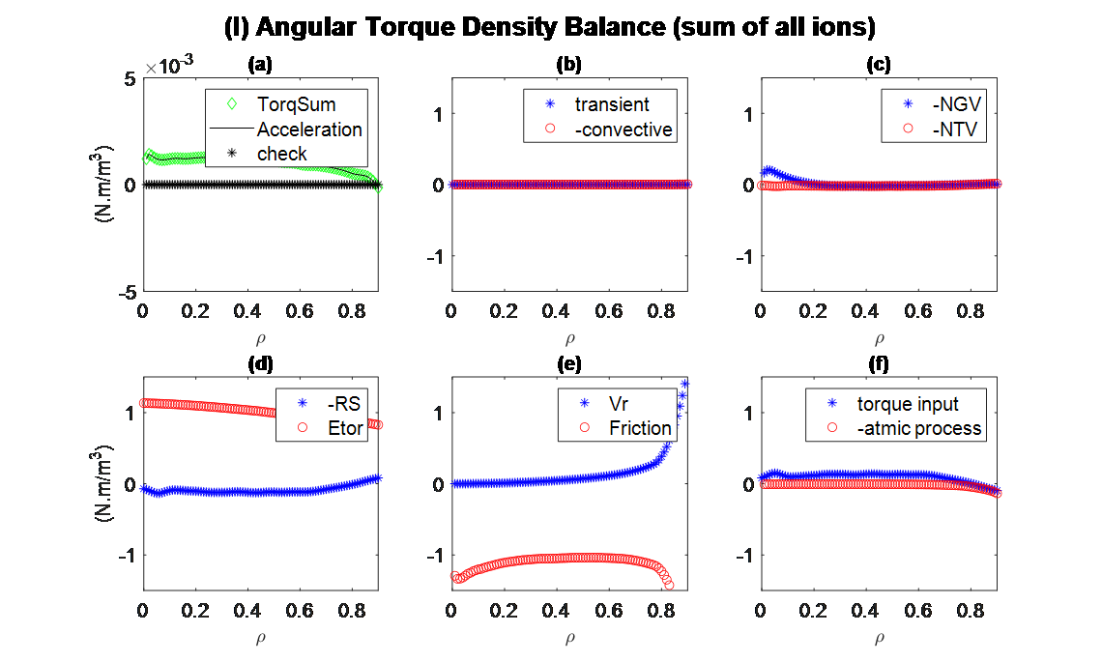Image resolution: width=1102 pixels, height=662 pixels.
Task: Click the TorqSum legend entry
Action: (296, 104)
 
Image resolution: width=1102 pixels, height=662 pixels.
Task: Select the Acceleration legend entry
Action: (308, 130)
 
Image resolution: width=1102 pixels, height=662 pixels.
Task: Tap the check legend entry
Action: (281, 154)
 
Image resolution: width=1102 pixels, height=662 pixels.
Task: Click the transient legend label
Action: (611, 104)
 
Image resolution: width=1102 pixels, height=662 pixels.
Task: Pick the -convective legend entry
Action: (623, 130)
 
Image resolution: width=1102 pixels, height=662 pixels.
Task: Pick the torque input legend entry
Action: (908, 403)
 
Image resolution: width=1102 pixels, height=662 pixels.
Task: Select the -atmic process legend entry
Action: (918, 428)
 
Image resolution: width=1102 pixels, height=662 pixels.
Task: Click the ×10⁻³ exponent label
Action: (169, 66)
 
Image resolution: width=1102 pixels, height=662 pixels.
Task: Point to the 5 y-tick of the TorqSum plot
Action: (130, 78)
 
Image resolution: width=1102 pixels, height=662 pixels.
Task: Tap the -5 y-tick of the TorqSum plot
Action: (127, 290)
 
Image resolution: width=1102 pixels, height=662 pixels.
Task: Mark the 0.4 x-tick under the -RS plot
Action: (247, 611)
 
